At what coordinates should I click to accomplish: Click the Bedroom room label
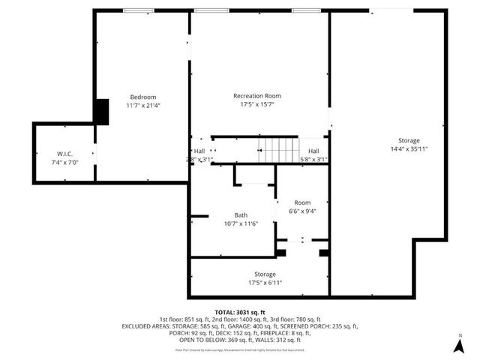pos(142,97)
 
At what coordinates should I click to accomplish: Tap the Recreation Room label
pos(257,95)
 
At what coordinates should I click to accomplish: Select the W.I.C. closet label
pos(64,154)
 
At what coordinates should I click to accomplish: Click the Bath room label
pos(240,214)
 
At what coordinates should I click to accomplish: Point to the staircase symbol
pos(278,149)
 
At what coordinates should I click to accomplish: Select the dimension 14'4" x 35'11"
pos(409,149)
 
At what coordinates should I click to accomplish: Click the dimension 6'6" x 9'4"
pos(302,211)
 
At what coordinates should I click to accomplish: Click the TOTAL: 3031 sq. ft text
pos(240,311)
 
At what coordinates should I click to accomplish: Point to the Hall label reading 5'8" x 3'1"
pos(313,160)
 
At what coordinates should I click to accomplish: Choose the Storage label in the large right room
pos(409,140)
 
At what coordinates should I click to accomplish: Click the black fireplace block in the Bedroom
pos(100,112)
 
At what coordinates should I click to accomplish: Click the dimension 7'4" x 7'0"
pos(64,163)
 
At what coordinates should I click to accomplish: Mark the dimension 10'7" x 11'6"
pos(240,223)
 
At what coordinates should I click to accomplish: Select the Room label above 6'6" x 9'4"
pos(302,202)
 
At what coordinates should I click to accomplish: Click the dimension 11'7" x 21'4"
pos(142,106)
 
